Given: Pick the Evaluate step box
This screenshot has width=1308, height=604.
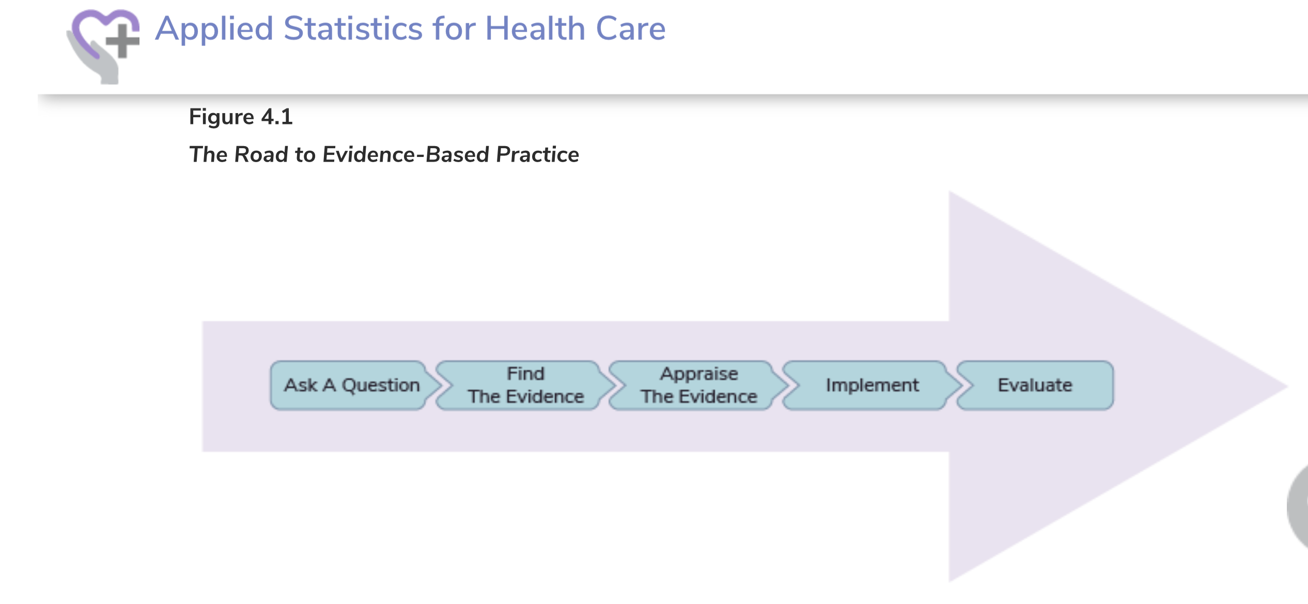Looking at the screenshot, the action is pos(1035,385).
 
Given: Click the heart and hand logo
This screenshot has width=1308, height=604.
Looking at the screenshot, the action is pos(103,45).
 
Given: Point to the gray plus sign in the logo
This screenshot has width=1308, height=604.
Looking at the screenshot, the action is pos(122,40).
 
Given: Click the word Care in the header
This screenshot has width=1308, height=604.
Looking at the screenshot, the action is pos(631,28).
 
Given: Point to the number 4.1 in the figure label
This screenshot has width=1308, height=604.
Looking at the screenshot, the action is pos(277,117).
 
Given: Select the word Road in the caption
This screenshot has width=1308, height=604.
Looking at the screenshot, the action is pos(261,154).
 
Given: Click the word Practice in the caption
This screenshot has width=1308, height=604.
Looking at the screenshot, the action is pos(538,154).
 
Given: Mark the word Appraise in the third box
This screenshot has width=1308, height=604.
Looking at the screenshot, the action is pos(699,374).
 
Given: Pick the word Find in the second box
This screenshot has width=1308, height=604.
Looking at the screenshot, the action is pos(526,373).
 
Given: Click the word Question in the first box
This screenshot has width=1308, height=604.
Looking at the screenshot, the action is pos(381,386).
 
